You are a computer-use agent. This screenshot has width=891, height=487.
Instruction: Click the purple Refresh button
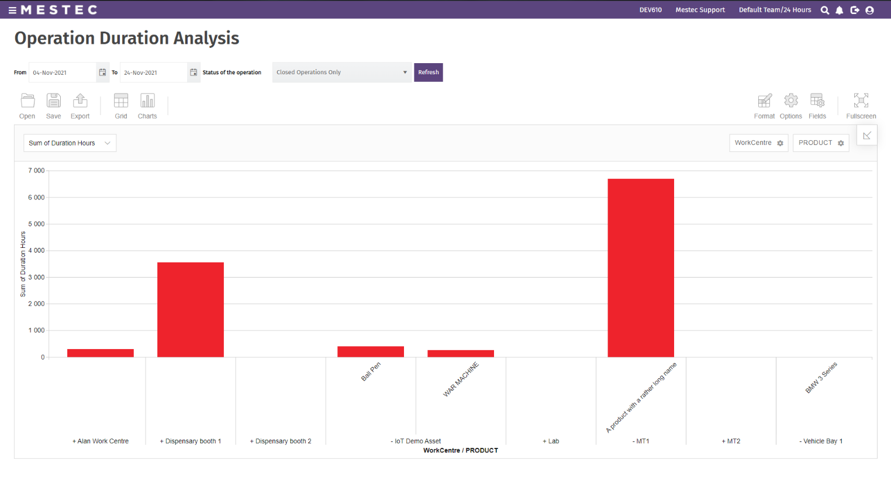coord(428,72)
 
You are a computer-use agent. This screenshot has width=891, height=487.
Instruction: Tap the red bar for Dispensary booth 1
coord(191,310)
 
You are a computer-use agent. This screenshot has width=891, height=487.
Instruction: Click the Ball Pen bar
coord(371,352)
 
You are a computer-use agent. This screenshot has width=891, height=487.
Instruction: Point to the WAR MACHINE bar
coord(461,354)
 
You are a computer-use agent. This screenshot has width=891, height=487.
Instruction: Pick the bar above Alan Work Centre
coord(101,353)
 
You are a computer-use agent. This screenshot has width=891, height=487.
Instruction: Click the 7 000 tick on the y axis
coord(36,171)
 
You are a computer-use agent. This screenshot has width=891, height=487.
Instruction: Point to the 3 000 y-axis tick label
coord(36,277)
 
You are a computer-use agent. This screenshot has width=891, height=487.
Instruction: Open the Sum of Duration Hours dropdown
coord(70,143)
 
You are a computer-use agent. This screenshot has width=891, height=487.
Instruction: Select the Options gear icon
coord(791,101)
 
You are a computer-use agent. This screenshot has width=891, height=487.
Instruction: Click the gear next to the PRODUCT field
coord(841,143)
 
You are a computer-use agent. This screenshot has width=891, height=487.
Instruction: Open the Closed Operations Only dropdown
coord(341,72)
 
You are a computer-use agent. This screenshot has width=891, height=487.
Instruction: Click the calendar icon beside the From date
coord(102,72)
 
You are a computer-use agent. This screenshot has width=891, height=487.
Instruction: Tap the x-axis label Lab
coord(551,441)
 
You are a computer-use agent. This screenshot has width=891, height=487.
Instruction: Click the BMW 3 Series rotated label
coord(821,378)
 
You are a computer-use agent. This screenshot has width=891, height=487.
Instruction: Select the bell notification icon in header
coord(840,10)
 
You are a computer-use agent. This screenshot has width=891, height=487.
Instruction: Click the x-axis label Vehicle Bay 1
coord(821,441)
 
